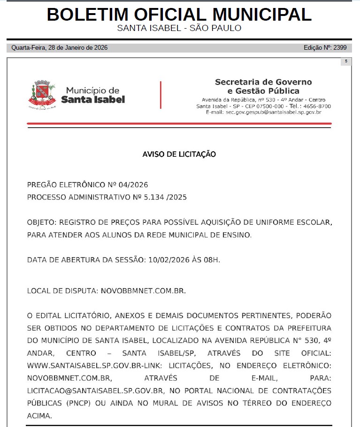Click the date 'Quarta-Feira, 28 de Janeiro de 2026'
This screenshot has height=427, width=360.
point(60,48)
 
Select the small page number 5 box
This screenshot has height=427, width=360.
point(346,61)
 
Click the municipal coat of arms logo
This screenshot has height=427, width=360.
point(44,94)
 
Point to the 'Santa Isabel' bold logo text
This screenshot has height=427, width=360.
point(93,99)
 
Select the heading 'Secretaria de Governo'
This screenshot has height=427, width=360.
point(263,82)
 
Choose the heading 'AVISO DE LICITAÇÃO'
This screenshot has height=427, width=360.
point(179,154)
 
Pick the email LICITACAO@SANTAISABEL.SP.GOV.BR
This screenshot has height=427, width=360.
point(95,390)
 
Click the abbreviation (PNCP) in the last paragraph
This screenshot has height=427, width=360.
point(72,403)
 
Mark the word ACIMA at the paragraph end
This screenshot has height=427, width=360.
point(39,416)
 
